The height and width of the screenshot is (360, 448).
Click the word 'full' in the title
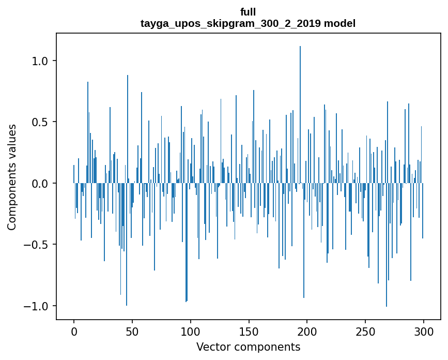tap(248, 12)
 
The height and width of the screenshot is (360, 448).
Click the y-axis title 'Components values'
tap(12, 177)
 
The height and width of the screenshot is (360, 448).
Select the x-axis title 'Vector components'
tap(248, 347)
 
